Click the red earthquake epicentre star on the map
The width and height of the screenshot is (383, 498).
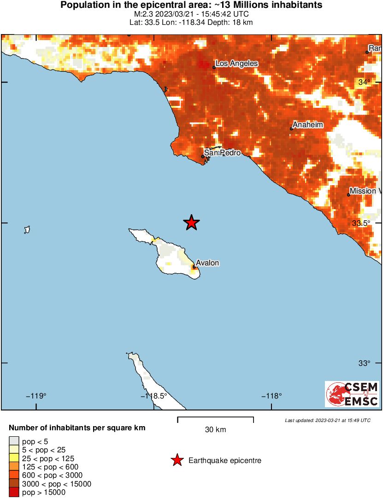tap(192, 223)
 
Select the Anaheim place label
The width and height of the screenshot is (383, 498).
tap(308, 125)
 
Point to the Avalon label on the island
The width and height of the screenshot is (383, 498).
tap(207, 263)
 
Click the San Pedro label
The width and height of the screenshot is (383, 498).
tap(222, 152)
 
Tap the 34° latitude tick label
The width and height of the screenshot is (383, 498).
tap(365, 82)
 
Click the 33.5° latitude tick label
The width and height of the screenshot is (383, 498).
tap(361, 223)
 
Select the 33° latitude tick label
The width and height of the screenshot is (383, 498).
tap(365, 363)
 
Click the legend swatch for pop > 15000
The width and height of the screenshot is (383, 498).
tap(14, 492)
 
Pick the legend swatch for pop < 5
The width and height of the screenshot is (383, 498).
tap(14, 441)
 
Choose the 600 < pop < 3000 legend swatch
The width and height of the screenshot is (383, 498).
tap(14, 475)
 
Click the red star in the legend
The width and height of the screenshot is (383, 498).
tap(177, 460)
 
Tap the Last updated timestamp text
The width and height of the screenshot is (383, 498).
tap(327, 420)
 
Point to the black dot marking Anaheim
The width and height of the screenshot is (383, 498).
tap(291, 129)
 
